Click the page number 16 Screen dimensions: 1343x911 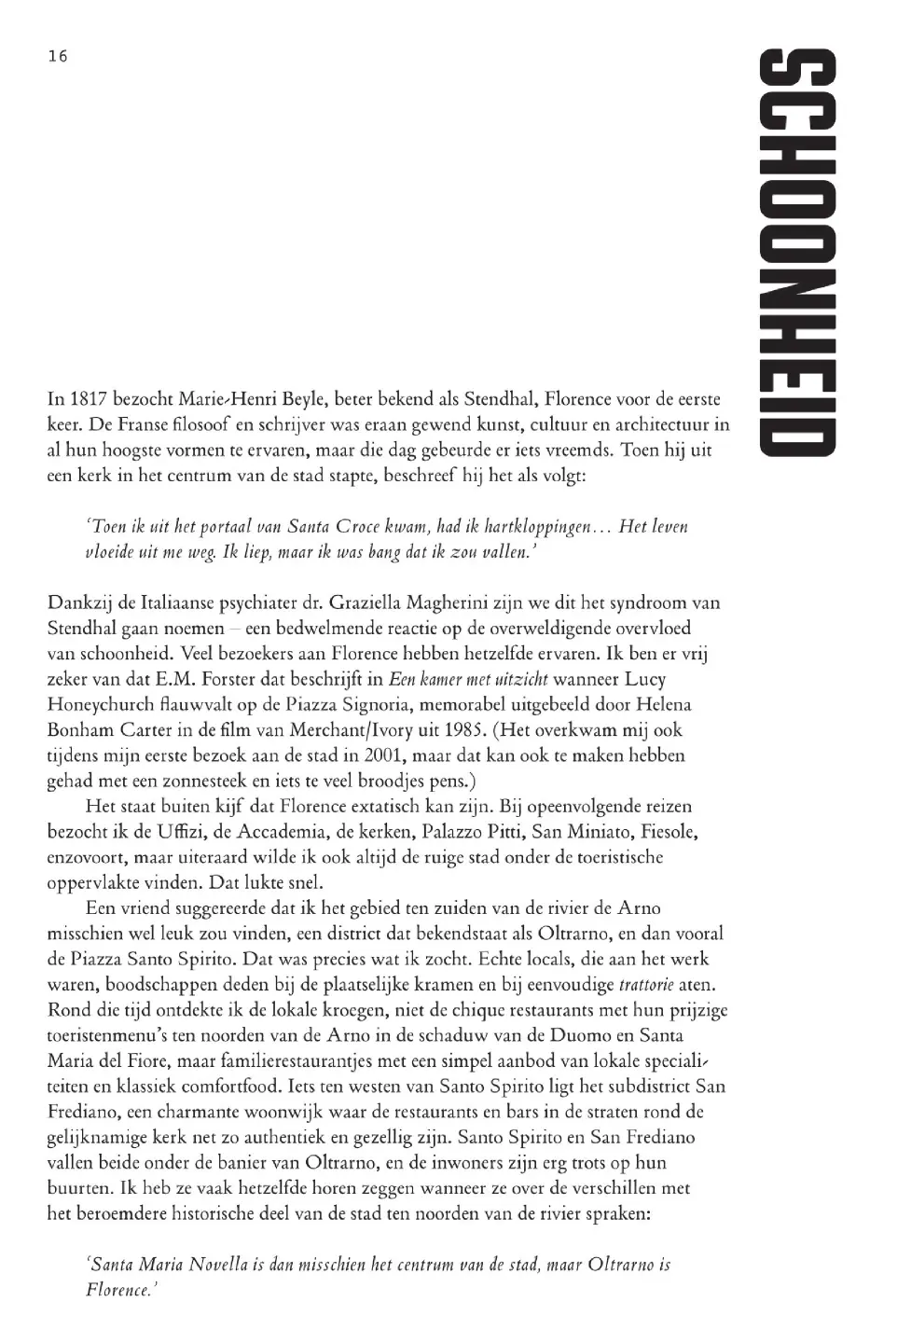pos(57,56)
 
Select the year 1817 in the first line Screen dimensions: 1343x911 pos(84,399)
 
